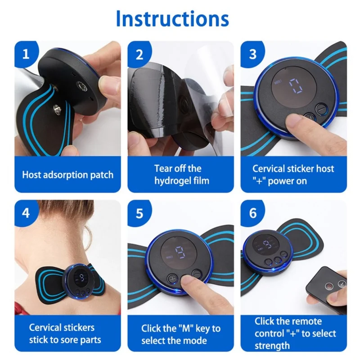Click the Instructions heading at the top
pyautogui.click(x=172, y=18)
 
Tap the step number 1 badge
pyautogui.click(x=26, y=54)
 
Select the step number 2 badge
pyautogui.click(x=139, y=54)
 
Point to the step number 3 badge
pyautogui.click(x=252, y=54)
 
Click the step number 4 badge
pyautogui.click(x=26, y=213)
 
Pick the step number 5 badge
pyautogui.click(x=139, y=213)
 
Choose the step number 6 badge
pyautogui.click(x=252, y=213)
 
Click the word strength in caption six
pyautogui.click(x=272, y=346)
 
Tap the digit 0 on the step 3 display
pyautogui.click(x=295, y=86)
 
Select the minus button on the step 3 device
pyautogui.click(x=320, y=109)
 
